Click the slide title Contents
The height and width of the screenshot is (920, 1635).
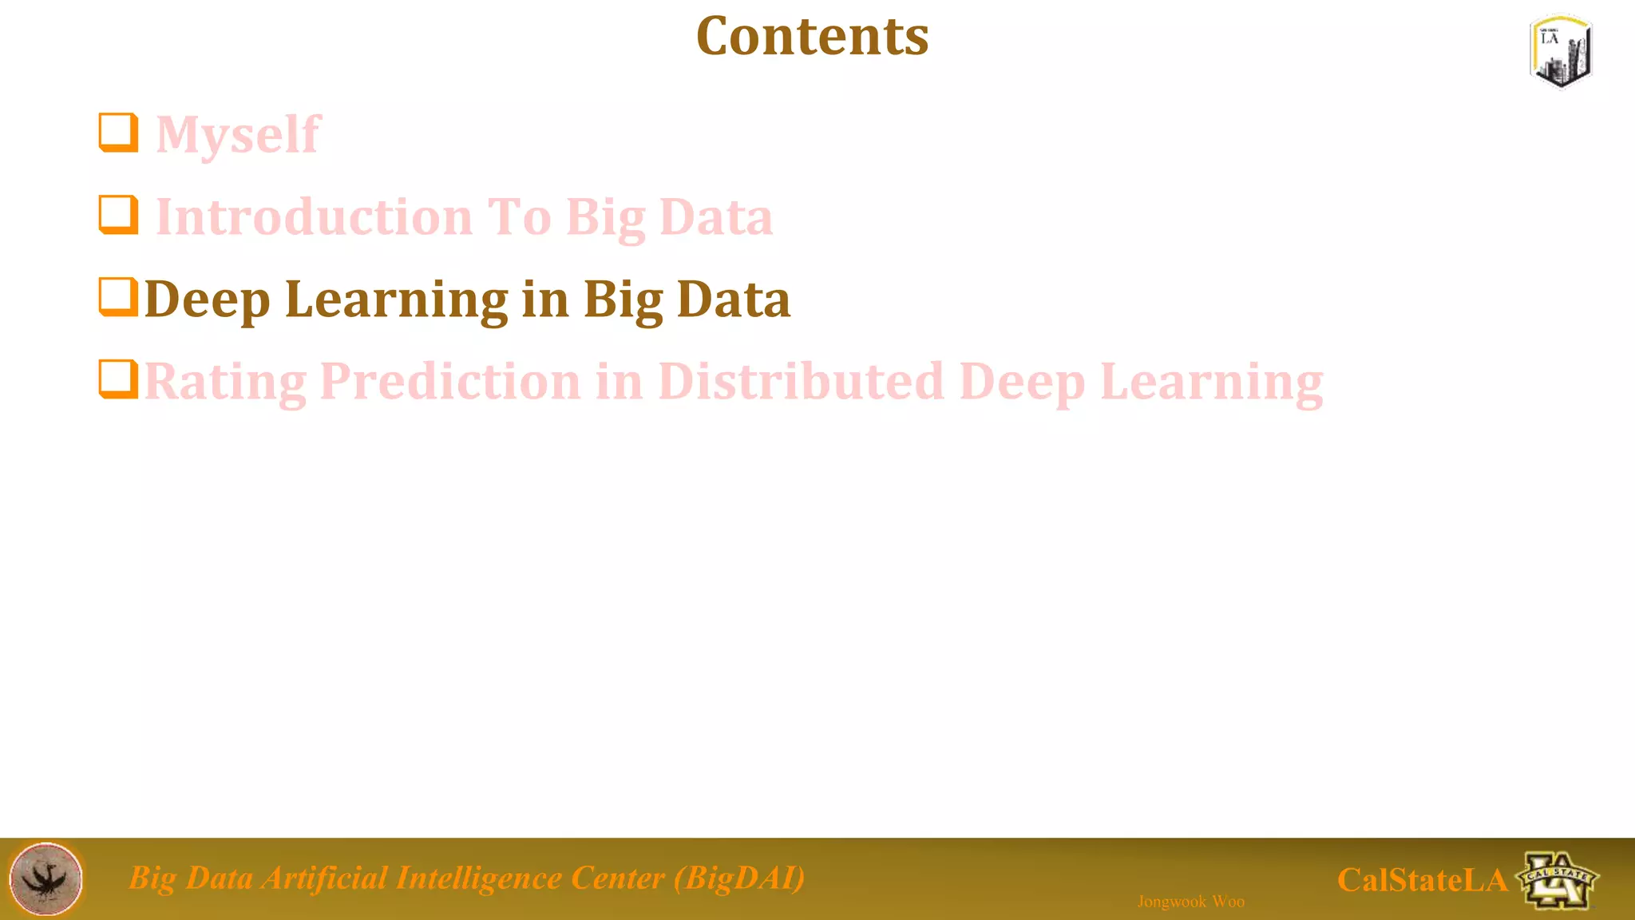click(x=812, y=37)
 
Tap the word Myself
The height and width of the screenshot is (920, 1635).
click(x=237, y=134)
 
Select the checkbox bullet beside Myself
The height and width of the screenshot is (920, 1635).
click(x=118, y=133)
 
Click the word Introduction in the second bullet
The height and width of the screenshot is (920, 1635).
click(x=315, y=217)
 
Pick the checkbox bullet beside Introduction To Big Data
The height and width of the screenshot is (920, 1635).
click(x=118, y=215)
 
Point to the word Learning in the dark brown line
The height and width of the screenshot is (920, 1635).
click(x=396, y=299)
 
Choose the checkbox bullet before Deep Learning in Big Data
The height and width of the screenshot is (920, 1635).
click(x=118, y=297)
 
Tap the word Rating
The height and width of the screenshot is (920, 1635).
click(x=224, y=382)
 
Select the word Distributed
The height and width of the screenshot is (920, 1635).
click(x=801, y=382)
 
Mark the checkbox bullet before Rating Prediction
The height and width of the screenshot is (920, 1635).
click(x=118, y=379)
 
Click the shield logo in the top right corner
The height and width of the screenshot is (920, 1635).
click(x=1561, y=51)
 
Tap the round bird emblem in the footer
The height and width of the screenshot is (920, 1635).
click(x=46, y=879)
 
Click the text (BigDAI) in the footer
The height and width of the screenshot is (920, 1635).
click(x=739, y=878)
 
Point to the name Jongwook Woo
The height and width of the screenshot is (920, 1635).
click(x=1190, y=902)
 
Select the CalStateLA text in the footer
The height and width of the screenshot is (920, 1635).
click(x=1422, y=880)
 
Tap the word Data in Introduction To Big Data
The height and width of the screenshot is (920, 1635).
click(x=716, y=217)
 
